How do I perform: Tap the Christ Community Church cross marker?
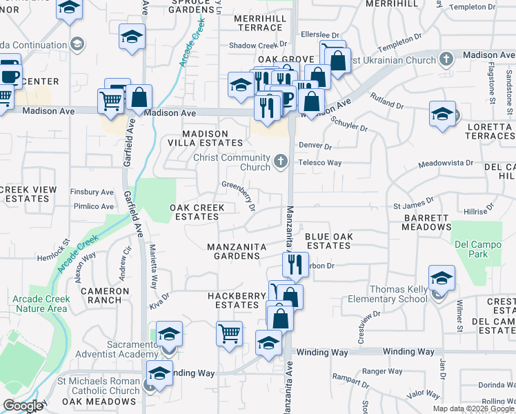280,162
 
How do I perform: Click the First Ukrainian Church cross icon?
446,59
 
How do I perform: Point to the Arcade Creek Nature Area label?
39,304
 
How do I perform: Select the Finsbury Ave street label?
92,192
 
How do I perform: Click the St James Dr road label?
413,205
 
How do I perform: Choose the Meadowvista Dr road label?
446,164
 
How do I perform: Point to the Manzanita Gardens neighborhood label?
234,251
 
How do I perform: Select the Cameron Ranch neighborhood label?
105,295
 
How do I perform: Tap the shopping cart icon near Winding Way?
230,333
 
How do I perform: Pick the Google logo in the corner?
23,406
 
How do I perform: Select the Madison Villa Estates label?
204,138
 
